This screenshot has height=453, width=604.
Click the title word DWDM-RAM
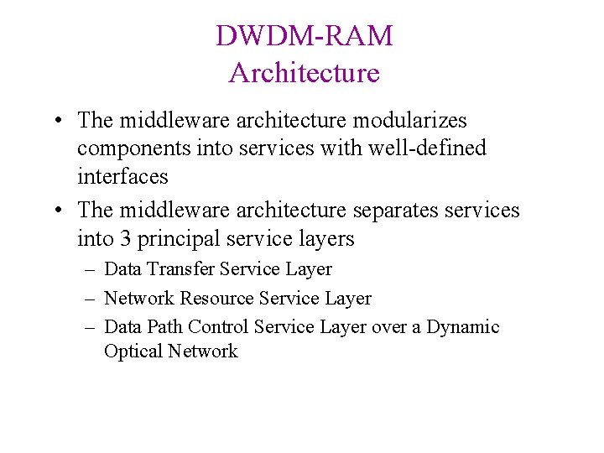click(x=304, y=36)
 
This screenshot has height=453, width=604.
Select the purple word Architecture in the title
click(x=304, y=73)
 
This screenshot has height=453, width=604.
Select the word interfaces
click(x=122, y=176)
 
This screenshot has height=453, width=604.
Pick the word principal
click(x=175, y=239)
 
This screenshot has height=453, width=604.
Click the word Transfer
click(x=181, y=269)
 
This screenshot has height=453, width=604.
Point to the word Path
click(x=164, y=327)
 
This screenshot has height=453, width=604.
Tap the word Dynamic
click(x=463, y=327)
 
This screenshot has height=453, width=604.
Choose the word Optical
click(x=133, y=351)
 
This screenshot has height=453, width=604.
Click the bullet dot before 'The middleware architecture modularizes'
click(x=53, y=120)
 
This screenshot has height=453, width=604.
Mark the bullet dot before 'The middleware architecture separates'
click(x=53, y=210)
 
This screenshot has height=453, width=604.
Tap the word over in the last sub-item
click(x=388, y=327)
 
